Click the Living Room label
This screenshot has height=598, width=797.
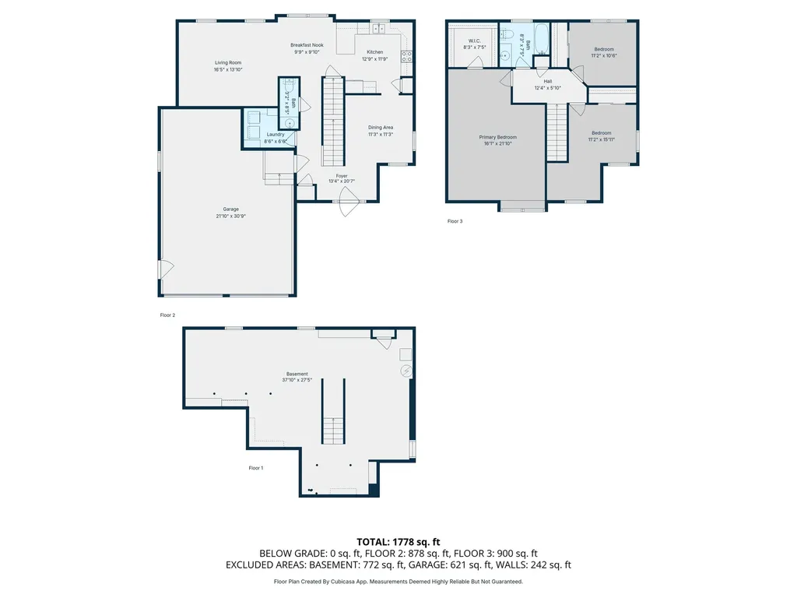(x=228, y=62)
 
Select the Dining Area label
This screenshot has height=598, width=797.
(x=381, y=127)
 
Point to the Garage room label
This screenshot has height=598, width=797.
(x=230, y=209)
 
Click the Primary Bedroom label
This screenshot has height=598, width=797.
(x=497, y=137)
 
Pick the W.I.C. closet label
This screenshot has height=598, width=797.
(x=474, y=40)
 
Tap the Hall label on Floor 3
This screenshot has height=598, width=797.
(x=548, y=81)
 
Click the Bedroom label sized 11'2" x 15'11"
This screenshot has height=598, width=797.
(x=601, y=132)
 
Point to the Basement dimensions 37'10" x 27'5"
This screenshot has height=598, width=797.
(x=297, y=380)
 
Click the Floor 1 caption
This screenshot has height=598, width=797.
(x=256, y=468)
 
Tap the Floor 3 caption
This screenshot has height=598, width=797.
(x=455, y=221)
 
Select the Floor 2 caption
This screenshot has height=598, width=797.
(x=167, y=315)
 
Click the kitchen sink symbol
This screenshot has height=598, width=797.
(x=378, y=29)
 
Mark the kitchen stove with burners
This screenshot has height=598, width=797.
(x=406, y=55)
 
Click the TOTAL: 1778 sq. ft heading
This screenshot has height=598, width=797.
(x=398, y=541)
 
